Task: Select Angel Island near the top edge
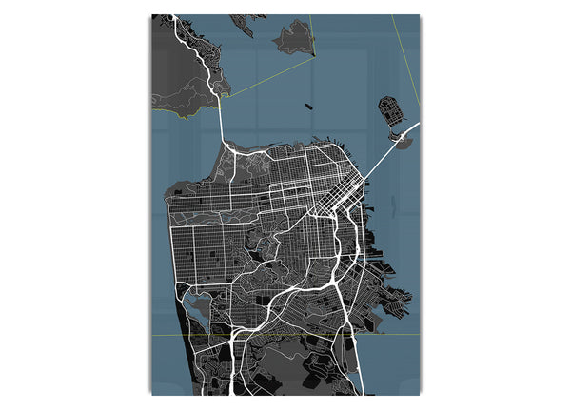(x=293, y=38)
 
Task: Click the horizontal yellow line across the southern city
(x=285, y=334)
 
